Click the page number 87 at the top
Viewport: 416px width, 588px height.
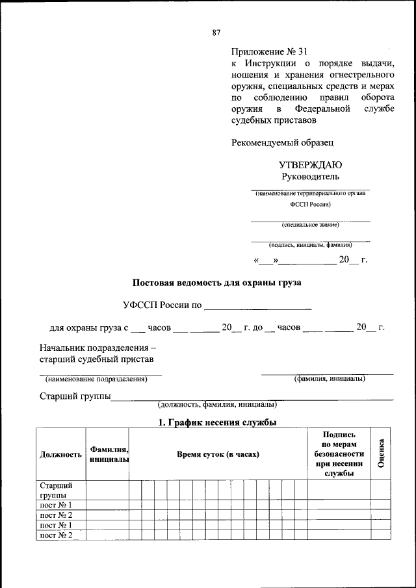tap(216, 32)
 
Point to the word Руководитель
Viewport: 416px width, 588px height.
tap(310, 177)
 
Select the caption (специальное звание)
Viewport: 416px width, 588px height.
tap(310, 225)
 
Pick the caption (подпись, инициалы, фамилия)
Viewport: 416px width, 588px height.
tap(310, 246)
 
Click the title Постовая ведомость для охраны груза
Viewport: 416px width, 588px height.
tap(216, 283)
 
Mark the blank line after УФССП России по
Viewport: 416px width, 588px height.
tap(258, 306)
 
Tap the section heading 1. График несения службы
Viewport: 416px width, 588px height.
tap(218, 422)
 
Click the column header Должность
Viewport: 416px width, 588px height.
tap(60, 454)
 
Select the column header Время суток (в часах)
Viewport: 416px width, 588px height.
tap(218, 454)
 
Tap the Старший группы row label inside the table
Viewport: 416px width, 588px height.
tap(56, 490)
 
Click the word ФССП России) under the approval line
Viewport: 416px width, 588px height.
tap(310, 204)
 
